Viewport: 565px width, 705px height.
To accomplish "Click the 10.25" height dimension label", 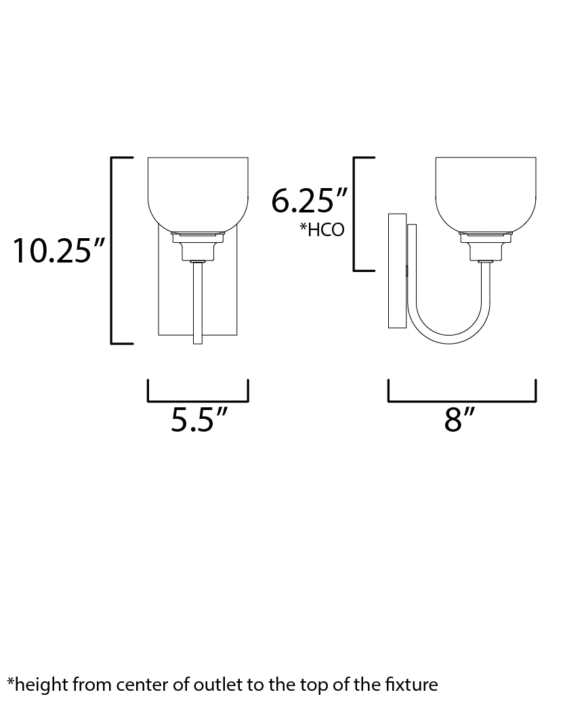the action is pos(59,251).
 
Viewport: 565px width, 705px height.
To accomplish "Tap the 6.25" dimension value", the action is pos(310,200).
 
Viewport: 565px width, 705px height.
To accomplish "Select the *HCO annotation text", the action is pos(322,229).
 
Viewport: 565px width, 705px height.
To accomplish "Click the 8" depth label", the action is pos(459,419).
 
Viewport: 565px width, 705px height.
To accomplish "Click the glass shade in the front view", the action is pos(198,194).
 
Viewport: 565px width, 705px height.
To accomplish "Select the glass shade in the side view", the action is pos(486,194).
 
